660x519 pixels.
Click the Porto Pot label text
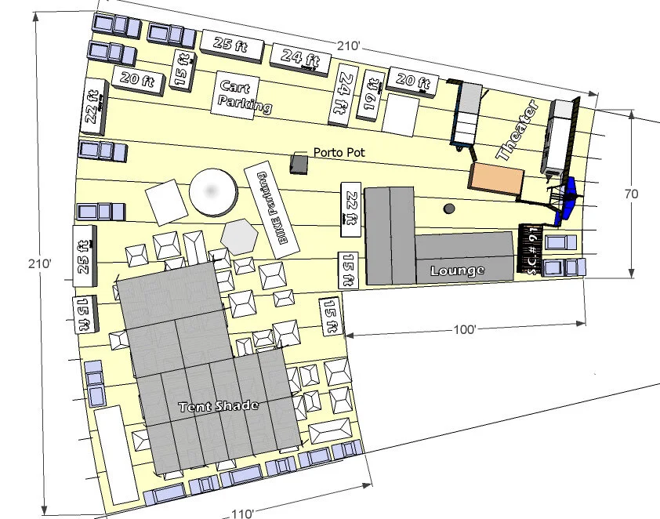[x=339, y=152]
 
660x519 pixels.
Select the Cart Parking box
[x=243, y=95]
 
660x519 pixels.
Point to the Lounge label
[x=457, y=270]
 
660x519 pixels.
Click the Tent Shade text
[x=218, y=406]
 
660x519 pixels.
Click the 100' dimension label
[x=464, y=330]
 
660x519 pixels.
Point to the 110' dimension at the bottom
[x=242, y=514]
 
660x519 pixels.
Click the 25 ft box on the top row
[x=233, y=45]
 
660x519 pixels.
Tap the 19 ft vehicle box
[x=372, y=96]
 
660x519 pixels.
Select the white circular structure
[x=212, y=191]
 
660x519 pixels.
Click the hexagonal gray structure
[x=240, y=234]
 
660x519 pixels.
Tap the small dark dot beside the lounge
[x=449, y=209]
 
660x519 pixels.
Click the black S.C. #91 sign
[x=531, y=249]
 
